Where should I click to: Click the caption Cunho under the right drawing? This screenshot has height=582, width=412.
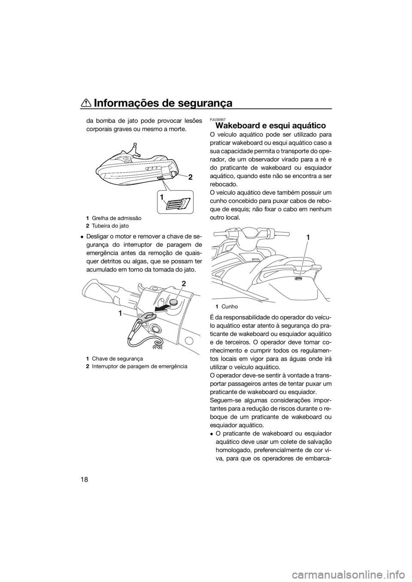[x=230, y=306]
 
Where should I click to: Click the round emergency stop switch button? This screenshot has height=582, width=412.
[x=173, y=302]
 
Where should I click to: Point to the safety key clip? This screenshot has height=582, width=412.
[x=147, y=316]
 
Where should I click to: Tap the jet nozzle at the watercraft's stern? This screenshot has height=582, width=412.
[x=174, y=172]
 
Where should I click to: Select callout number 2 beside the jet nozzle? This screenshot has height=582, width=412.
[x=190, y=177]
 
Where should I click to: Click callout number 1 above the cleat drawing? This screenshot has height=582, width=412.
[x=308, y=237]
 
